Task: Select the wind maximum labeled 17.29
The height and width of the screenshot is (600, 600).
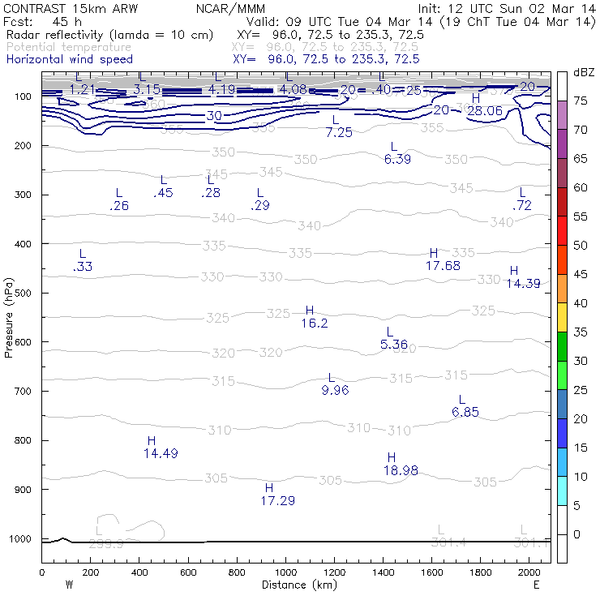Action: (278, 501)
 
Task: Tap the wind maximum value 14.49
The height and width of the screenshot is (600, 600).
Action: (161, 453)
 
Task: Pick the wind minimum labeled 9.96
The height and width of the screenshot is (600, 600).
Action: (334, 391)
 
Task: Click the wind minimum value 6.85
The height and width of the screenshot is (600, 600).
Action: (465, 412)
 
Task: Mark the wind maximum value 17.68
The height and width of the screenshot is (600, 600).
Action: (443, 265)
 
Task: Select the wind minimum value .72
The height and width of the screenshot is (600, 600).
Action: (523, 206)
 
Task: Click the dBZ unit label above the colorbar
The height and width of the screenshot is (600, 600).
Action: (583, 72)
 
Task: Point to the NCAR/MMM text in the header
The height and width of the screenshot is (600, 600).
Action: (225, 7)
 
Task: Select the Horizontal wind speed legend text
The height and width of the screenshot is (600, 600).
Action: (70, 59)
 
